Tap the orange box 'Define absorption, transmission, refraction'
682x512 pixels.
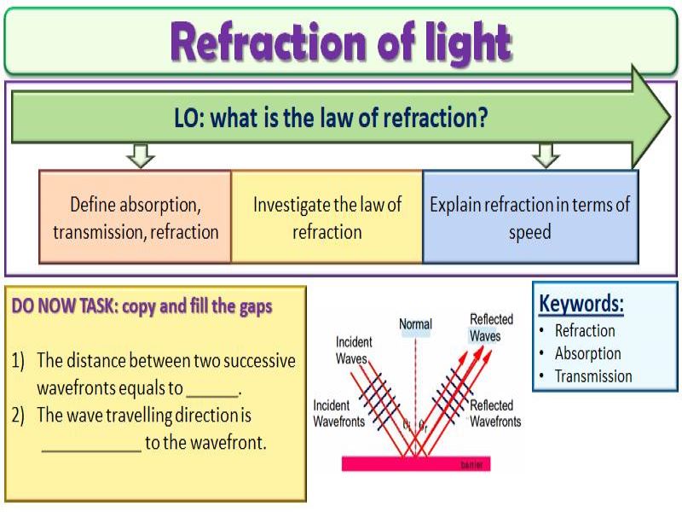click(136, 218)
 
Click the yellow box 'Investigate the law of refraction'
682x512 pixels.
click(327, 218)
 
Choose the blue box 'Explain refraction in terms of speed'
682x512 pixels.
click(529, 218)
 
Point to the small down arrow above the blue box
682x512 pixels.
click(545, 155)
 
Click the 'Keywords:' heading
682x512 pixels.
click(581, 304)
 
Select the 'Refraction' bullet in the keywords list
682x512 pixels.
click(584, 331)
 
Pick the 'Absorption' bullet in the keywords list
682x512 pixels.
click(587, 353)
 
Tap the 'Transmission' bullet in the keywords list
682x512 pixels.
click(593, 376)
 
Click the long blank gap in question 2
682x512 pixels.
click(91, 445)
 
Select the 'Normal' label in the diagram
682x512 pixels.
click(415, 324)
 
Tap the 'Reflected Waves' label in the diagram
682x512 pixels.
click(491, 328)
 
